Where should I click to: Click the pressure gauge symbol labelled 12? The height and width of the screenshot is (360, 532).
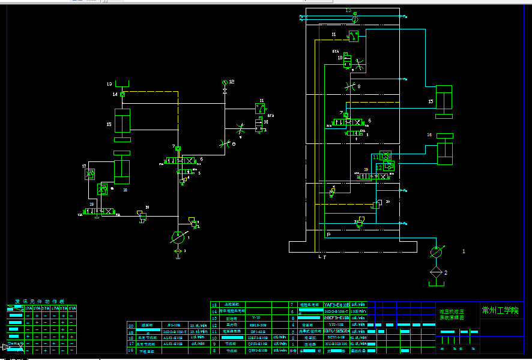[225, 82]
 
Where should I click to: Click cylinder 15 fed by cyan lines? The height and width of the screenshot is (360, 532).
[443, 100]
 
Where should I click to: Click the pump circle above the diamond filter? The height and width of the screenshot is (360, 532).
[437, 252]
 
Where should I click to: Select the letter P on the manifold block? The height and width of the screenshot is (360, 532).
[328, 235]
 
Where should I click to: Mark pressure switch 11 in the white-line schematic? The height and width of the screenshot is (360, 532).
[261, 109]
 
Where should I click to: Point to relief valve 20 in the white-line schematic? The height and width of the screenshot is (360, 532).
[142, 216]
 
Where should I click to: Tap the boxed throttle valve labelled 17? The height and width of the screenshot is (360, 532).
[89, 174]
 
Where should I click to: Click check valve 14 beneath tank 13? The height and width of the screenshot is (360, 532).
[122, 94]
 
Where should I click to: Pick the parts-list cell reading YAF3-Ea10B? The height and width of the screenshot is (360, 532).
[336, 305]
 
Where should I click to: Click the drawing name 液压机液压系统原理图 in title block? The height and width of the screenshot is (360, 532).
[452, 314]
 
